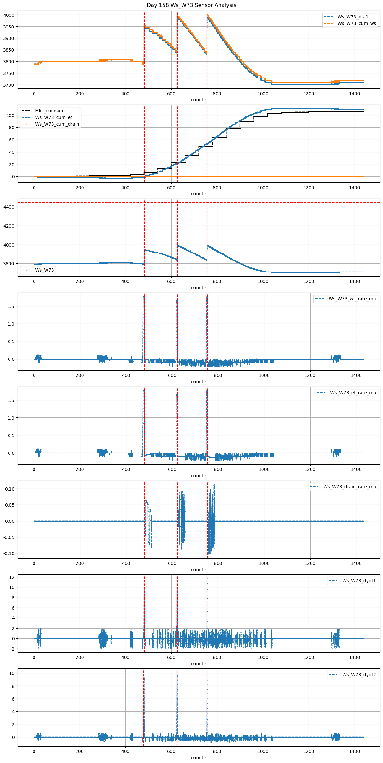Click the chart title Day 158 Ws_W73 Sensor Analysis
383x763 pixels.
[191, 5]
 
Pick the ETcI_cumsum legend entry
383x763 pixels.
[50, 111]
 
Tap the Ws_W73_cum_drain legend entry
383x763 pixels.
[57, 124]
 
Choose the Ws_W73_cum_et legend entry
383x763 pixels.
[53, 117]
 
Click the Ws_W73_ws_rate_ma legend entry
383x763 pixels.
[352, 299]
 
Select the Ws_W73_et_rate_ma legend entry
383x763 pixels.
[353, 393]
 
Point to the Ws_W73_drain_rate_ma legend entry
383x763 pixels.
[349, 487]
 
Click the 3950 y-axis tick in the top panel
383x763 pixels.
[9, 27]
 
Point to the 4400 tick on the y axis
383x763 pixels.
[9, 207]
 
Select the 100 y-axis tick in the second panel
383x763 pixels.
[11, 115]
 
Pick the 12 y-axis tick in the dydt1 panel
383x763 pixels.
[12, 577]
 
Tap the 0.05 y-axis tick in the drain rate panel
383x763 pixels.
[9, 505]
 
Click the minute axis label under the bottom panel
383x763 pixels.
[198, 758]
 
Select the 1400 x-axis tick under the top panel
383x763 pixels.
[354, 94]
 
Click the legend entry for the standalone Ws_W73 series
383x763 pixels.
[45, 270]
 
